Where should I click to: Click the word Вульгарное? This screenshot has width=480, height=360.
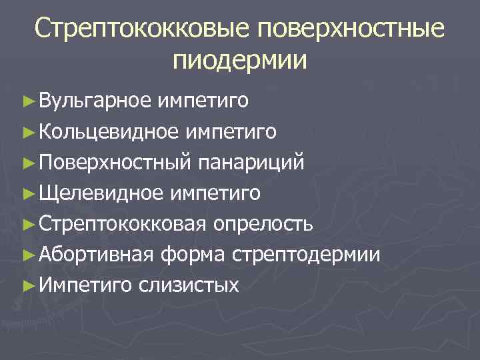tap(96, 101)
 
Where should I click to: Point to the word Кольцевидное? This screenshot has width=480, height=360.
tap(108, 131)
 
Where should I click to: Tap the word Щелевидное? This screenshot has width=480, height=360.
tap(101, 193)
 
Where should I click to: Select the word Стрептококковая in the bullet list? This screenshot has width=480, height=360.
tap(123, 223)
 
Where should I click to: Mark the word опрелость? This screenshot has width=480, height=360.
tap(263, 223)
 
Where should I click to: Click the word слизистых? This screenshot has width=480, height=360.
tap(189, 285)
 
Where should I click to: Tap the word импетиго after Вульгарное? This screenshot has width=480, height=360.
tap(204, 101)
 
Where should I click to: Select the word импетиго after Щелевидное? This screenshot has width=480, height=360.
tap(214, 193)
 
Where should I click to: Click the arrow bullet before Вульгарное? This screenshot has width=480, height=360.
tap(27, 101)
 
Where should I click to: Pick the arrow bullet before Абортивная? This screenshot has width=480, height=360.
tap(27, 255)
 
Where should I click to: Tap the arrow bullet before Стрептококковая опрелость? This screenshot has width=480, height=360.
tap(27, 224)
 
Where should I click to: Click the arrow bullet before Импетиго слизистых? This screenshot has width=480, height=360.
tap(27, 285)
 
